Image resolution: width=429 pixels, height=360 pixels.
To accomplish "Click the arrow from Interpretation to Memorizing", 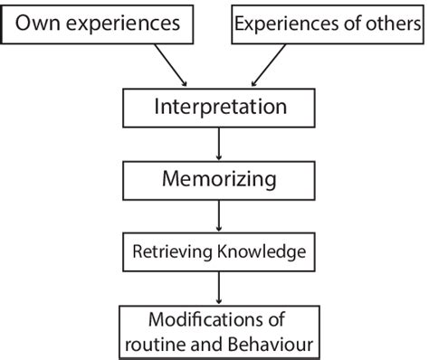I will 217,142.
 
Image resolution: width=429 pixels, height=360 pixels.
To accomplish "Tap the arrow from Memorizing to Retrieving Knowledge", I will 217,214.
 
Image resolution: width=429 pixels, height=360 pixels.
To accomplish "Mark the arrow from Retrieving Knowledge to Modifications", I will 217,288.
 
